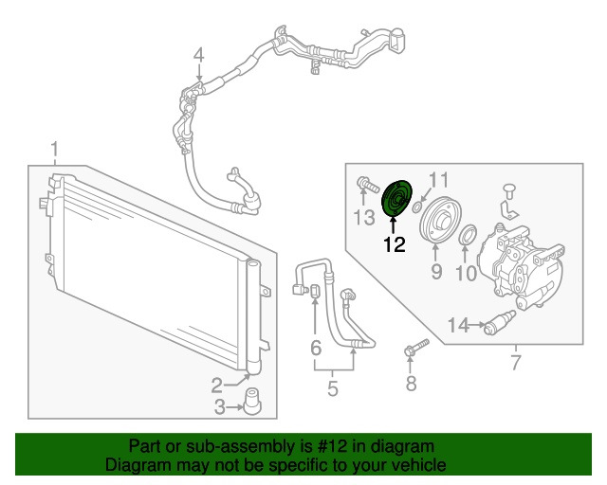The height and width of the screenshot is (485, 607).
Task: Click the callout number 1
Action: [x=55, y=150]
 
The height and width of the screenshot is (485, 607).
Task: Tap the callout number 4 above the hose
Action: [x=199, y=56]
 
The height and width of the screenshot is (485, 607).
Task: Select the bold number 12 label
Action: [x=394, y=244]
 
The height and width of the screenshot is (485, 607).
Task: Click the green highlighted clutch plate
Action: [x=395, y=200]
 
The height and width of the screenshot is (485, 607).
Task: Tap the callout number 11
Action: [x=438, y=179]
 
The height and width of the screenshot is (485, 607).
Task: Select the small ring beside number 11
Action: [x=417, y=196]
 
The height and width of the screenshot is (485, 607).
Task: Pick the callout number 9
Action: [x=436, y=273]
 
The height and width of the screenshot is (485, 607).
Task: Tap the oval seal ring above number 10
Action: [x=467, y=234]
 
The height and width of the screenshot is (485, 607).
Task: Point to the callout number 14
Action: [x=458, y=326]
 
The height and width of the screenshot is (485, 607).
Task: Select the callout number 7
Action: [x=515, y=362]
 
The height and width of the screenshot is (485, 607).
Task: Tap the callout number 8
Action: [x=411, y=384]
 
